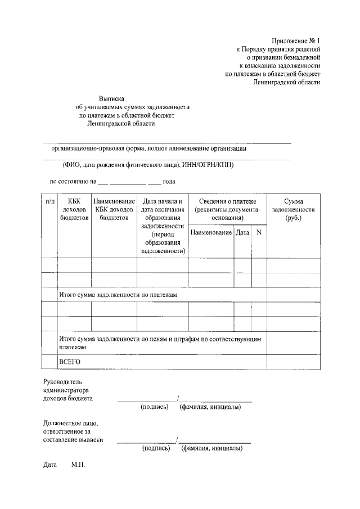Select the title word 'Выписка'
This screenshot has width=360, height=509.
[x=110, y=98]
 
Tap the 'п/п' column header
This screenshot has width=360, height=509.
[x=49, y=201]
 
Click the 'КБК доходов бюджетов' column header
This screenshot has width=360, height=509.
[x=74, y=209]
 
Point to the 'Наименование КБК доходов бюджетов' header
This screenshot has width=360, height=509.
[x=114, y=209]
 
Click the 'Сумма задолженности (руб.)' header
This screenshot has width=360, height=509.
[x=293, y=209]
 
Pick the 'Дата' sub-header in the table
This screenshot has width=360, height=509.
[x=242, y=232]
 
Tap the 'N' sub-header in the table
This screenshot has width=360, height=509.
[x=259, y=232]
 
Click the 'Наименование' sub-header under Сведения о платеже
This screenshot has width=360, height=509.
[x=211, y=232]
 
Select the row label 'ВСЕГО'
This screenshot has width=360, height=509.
[x=70, y=361]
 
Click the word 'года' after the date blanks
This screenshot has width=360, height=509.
[x=169, y=181]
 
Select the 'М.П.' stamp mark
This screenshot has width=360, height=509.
[x=78, y=466]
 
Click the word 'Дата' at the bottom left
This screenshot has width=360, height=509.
[x=50, y=466]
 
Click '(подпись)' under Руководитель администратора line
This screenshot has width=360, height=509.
[x=155, y=407]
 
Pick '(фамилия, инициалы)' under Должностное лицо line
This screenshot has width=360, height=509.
[x=212, y=449]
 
